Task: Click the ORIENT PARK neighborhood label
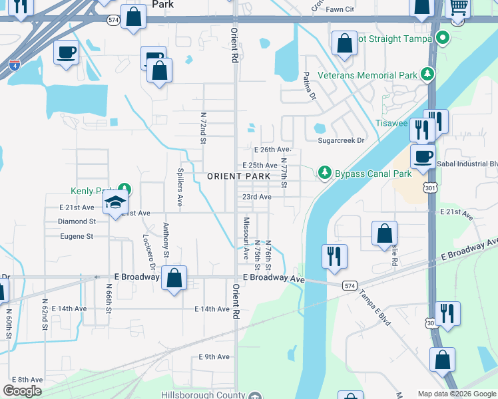coord(238,176)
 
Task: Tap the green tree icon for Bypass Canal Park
coord(324,173)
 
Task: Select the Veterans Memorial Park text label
coord(367,75)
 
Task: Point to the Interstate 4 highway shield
coord(15,65)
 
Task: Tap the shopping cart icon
coord(457,9)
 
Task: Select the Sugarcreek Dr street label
coord(342,141)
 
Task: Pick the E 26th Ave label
coord(273,150)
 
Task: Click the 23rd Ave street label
coord(256,198)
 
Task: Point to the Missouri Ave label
coord(246,233)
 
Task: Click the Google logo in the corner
coord(22,391)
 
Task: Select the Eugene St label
coord(76,236)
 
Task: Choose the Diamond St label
coord(77,221)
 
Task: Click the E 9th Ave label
coord(214,357)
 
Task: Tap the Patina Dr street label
coord(308,86)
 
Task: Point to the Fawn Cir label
coord(340,9)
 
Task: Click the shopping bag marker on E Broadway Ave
coord(174,279)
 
